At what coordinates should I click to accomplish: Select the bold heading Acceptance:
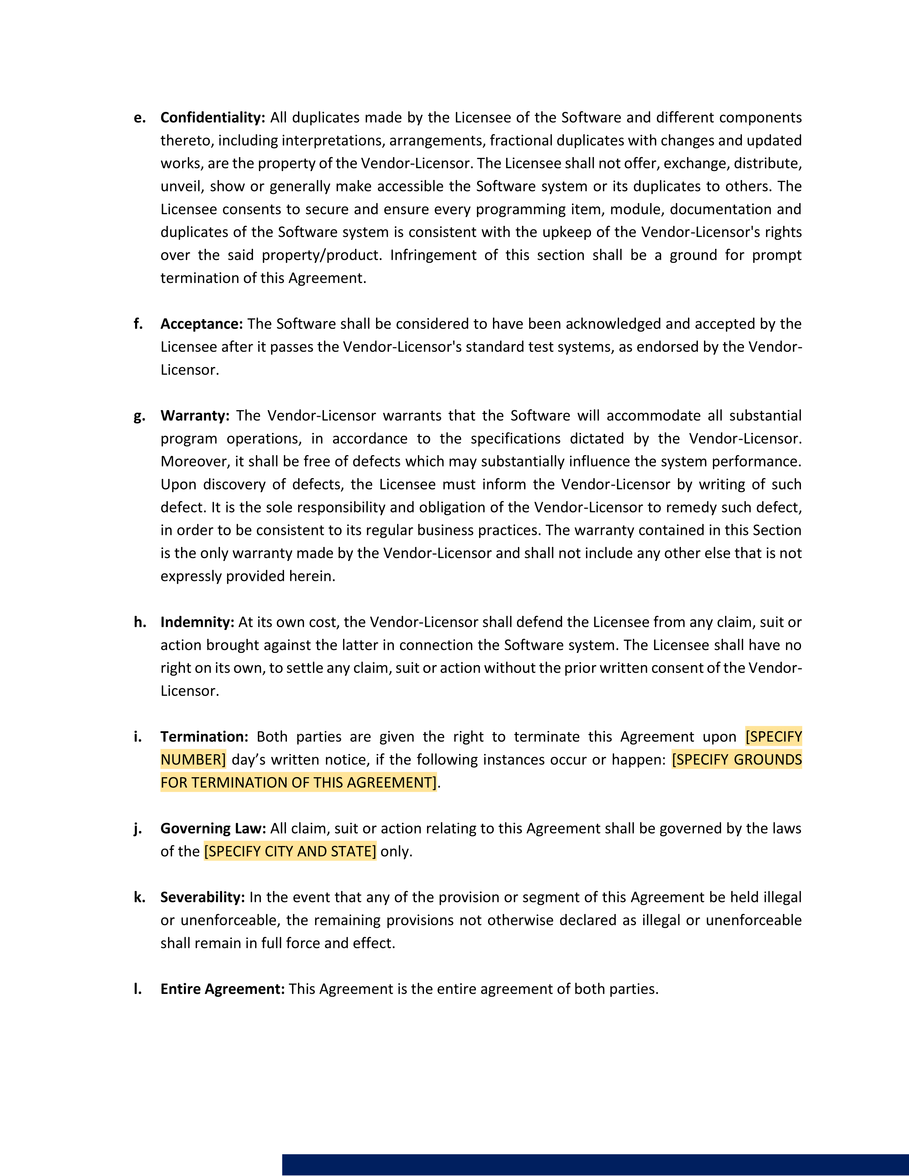click(x=201, y=324)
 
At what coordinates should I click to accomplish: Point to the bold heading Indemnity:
click(x=197, y=622)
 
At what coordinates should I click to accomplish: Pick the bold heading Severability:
click(x=202, y=897)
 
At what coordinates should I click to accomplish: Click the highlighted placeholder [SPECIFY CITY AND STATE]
click(x=290, y=851)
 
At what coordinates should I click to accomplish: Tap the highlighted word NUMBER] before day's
click(x=193, y=760)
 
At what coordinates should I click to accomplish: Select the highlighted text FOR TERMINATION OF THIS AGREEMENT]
click(x=298, y=782)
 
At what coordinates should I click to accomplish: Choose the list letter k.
click(x=139, y=897)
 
